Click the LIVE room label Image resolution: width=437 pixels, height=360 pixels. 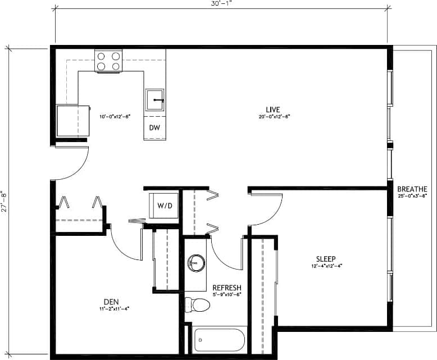point(273,109)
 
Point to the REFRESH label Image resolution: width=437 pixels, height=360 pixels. point(227,287)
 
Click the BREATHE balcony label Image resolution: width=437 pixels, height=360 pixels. point(412,189)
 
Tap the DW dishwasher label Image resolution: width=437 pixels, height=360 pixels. point(154,127)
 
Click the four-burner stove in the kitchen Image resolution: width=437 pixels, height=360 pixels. point(109,61)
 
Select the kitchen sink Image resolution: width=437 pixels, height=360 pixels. point(155,101)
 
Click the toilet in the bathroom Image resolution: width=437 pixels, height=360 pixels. point(197,304)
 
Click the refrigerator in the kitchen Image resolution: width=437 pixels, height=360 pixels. point(73,121)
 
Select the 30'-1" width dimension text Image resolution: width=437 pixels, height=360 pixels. point(221,4)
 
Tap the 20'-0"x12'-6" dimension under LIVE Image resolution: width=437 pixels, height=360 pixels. point(273,117)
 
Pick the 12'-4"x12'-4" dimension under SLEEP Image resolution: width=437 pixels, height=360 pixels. point(326,266)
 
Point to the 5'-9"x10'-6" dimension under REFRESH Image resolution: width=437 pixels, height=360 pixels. point(227,294)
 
